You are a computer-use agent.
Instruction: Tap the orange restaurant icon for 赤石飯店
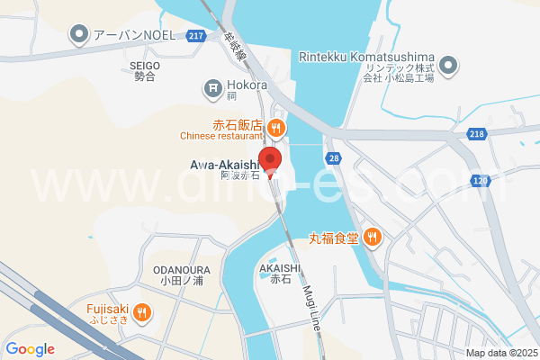(x=276, y=127)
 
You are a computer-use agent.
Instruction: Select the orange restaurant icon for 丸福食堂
(x=373, y=238)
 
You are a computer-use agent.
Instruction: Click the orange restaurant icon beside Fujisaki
(x=141, y=312)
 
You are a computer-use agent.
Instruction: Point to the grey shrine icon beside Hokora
(x=213, y=87)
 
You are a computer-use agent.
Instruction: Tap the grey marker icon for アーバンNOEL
(x=80, y=36)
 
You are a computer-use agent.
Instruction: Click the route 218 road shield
(x=476, y=133)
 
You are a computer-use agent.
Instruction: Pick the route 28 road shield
(x=334, y=158)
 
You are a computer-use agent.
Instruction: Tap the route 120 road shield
(x=480, y=181)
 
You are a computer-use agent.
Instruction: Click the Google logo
(x=30, y=349)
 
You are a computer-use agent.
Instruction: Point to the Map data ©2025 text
(x=501, y=353)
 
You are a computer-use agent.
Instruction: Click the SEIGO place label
(x=144, y=65)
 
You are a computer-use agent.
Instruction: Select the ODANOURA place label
(x=182, y=268)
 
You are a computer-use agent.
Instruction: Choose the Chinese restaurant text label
(x=220, y=137)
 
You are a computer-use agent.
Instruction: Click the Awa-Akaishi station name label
(x=225, y=165)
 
